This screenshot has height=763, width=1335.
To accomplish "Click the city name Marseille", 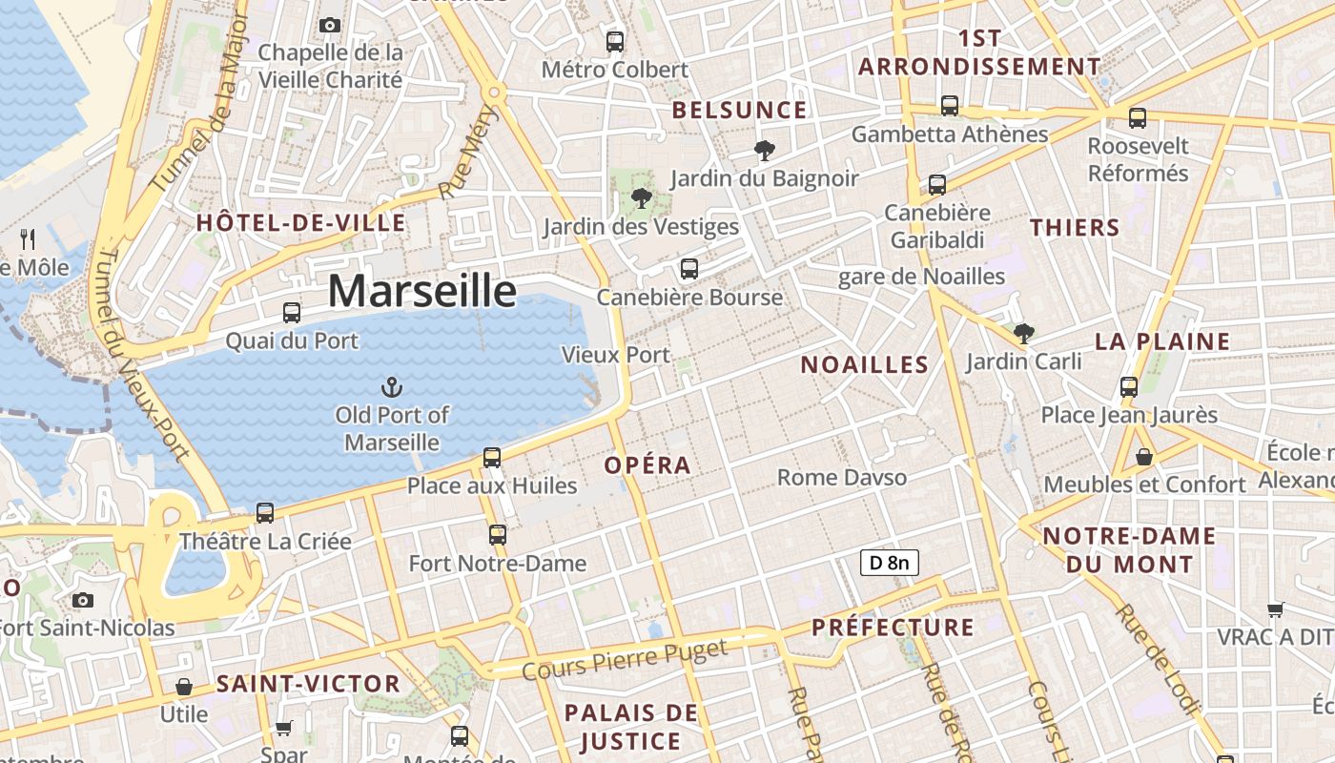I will [x=422, y=291].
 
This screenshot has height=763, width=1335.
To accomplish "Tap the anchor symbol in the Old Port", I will [x=391, y=386].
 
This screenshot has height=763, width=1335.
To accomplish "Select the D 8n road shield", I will [x=890, y=563].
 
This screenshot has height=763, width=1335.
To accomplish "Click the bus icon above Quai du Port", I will [x=292, y=312].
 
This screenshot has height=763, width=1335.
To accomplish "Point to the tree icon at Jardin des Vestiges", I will [x=641, y=198].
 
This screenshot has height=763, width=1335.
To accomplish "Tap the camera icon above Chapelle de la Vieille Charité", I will [x=330, y=25].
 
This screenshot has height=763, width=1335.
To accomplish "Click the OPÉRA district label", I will [x=648, y=465].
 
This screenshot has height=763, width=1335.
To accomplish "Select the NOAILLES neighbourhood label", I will [x=864, y=364].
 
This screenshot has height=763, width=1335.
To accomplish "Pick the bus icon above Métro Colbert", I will [x=615, y=41].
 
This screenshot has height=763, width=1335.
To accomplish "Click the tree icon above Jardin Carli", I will [x=1024, y=333].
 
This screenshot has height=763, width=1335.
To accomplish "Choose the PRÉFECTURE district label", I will [x=893, y=628].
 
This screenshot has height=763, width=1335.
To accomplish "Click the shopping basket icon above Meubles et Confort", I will [x=1144, y=457].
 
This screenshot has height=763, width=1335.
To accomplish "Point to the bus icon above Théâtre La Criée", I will [x=265, y=513].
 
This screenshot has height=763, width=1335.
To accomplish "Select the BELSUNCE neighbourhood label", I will [x=739, y=111].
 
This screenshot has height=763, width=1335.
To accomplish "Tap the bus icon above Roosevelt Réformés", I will [x=1138, y=118].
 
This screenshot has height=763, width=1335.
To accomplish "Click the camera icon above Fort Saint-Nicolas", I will [x=83, y=599].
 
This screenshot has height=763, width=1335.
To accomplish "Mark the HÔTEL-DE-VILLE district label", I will [x=300, y=223].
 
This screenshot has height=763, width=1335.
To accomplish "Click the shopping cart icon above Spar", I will [x=283, y=728].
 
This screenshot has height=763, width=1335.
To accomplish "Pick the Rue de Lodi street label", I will [x=1155, y=659].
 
